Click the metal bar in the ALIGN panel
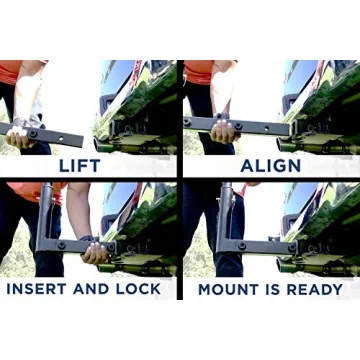coord(240,125)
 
